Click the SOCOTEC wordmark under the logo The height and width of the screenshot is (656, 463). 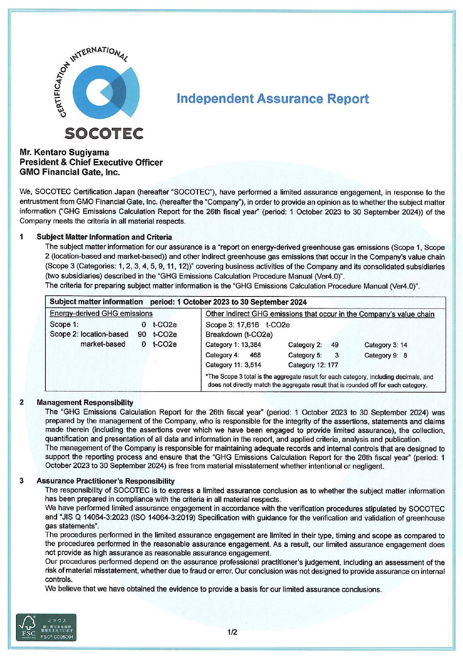(x=104, y=133)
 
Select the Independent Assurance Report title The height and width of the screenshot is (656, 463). (x=272, y=99)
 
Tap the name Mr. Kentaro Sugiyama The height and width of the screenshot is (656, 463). (x=64, y=152)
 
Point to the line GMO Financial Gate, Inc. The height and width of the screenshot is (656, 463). (x=70, y=172)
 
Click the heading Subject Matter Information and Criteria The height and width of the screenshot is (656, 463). (x=104, y=237)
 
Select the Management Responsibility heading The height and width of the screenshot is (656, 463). (x=85, y=402)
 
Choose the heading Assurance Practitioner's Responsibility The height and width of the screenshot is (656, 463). (x=105, y=481)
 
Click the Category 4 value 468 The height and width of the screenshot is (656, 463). (x=255, y=355)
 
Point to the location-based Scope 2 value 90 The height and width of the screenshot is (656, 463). (x=142, y=334)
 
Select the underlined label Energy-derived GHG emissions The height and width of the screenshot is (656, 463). (x=101, y=313)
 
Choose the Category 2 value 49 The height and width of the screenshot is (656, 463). (x=335, y=345)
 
